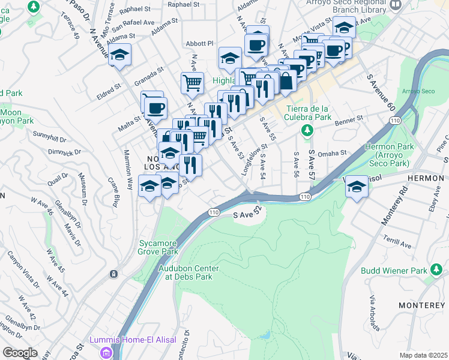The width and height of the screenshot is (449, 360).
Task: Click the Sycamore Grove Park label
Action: point(158,247)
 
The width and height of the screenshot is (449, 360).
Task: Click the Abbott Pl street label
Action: point(200,43)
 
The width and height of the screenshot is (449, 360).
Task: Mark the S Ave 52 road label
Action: point(249,214)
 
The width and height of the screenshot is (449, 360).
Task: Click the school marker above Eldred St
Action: point(120,55)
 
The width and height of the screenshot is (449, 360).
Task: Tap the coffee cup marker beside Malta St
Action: point(155,108)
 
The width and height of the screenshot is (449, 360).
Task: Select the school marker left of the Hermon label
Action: point(357,187)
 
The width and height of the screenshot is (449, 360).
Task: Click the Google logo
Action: point(20,353)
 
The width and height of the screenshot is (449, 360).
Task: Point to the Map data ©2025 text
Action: point(423,355)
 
